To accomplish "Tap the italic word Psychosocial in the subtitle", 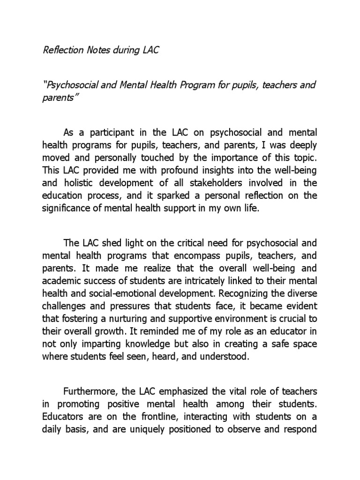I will coord(73,85).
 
